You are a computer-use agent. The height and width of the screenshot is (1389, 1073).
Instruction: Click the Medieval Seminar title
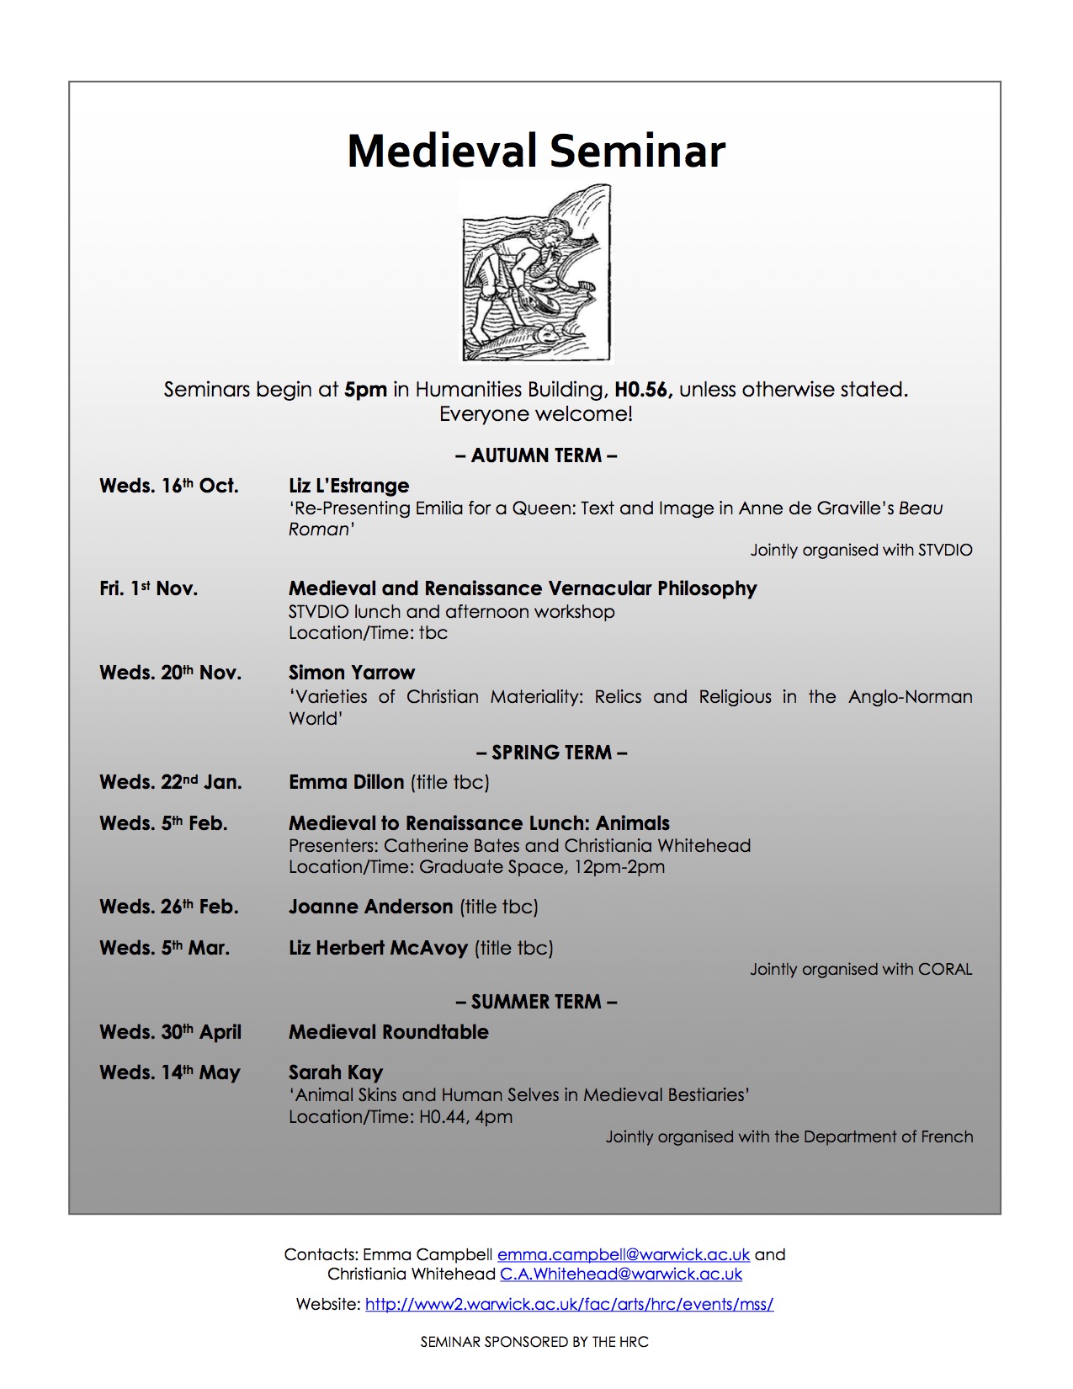[x=536, y=152]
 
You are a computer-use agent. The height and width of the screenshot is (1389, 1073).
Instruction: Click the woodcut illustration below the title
[x=537, y=273]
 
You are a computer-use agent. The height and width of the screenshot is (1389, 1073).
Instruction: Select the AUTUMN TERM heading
[x=536, y=455]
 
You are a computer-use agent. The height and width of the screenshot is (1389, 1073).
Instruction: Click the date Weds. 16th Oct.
[x=169, y=486]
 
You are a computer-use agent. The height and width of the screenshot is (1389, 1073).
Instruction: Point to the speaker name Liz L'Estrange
[x=348, y=486]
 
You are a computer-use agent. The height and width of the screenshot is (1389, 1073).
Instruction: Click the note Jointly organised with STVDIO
[x=861, y=550]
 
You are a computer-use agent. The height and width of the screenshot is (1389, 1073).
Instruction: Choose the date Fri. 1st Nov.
[x=149, y=588]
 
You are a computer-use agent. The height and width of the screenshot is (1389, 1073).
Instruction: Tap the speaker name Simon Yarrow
[x=352, y=673]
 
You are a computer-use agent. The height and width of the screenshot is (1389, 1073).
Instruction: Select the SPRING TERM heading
[x=551, y=753]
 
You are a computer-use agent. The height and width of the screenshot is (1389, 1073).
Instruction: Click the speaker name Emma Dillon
[x=347, y=782]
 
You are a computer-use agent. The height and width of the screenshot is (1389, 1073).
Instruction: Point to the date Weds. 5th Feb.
[x=163, y=823]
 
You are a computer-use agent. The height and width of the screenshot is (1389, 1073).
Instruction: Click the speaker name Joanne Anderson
[x=370, y=907]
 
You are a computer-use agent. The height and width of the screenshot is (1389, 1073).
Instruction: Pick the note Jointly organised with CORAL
[x=861, y=969]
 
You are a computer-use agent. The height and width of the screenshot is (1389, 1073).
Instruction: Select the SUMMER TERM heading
[x=536, y=1002]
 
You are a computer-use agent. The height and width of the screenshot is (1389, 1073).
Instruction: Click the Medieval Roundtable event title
[x=389, y=1032]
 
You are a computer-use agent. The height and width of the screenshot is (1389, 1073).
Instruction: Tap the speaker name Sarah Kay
[x=336, y=1072]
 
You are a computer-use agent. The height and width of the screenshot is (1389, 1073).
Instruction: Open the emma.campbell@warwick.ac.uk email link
[x=623, y=1254]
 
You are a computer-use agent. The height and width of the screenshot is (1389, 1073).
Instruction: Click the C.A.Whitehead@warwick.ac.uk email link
[x=621, y=1275]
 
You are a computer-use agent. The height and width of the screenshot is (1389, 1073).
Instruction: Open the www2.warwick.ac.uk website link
[x=569, y=1304]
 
